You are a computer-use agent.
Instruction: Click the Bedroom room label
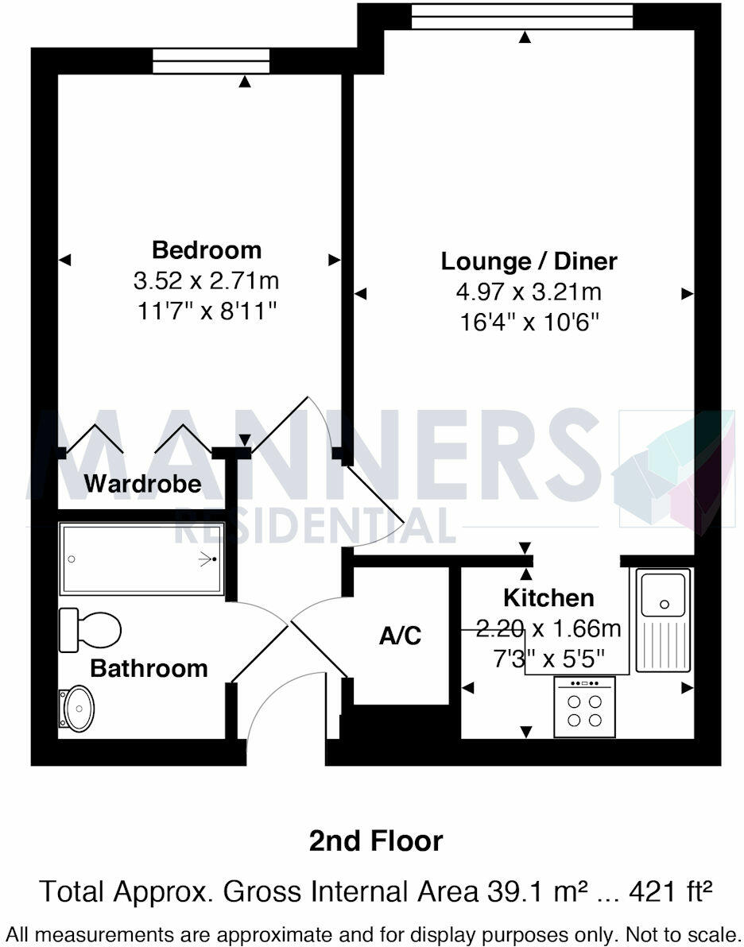pos(207,250)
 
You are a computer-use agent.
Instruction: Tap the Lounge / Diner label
pos(529,261)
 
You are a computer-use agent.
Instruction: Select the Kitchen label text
pos(548,597)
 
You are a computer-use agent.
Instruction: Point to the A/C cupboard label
pos(400,636)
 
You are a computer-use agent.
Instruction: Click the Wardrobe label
pos(143,483)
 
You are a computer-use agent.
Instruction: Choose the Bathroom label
pos(149,668)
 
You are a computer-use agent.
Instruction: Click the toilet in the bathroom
pos(91,630)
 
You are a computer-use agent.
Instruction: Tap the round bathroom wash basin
pos(79,708)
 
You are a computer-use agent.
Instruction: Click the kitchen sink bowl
pos(664,593)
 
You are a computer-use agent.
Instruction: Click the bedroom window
pos(211,61)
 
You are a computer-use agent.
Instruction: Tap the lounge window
pos(522,16)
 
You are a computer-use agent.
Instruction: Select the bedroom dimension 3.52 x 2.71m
pos(207,280)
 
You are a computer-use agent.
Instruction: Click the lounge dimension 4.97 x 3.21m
pos(529,292)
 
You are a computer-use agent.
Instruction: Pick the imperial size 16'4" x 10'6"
pos(529,322)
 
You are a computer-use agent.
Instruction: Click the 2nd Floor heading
pos(376,841)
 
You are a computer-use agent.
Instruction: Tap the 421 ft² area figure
pos(668,891)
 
